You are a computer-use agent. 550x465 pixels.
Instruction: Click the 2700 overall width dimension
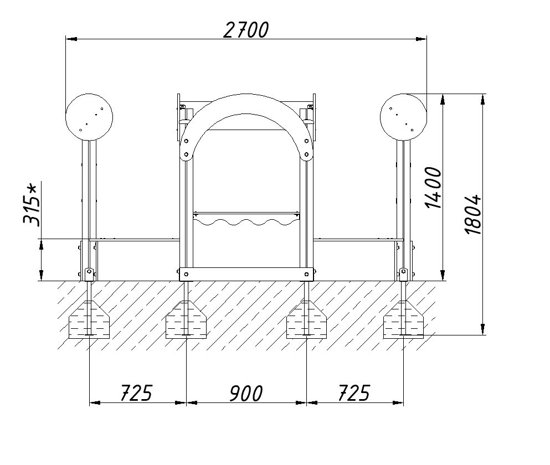click(x=246, y=30)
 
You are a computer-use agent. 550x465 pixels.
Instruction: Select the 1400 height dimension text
click(x=433, y=188)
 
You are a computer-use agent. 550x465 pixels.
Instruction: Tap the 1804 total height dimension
click(x=473, y=214)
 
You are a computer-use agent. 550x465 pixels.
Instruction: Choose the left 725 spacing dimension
click(x=136, y=393)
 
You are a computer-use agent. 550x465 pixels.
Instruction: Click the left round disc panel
click(x=89, y=117)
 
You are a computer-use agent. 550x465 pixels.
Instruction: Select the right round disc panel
click(x=403, y=117)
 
